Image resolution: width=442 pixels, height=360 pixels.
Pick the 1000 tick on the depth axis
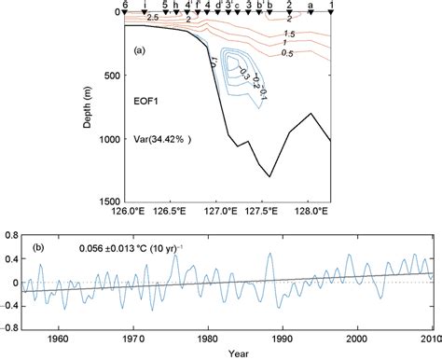point(108,139)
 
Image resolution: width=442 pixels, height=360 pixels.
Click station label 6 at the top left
point(127,5)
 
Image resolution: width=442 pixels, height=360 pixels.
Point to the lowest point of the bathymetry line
point(270,176)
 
